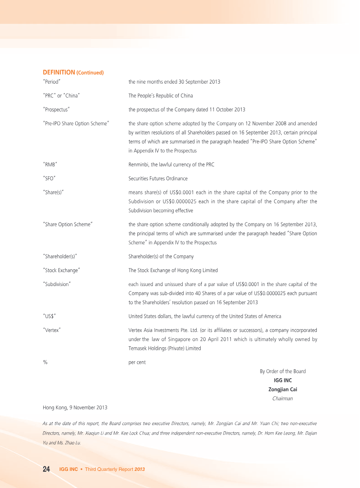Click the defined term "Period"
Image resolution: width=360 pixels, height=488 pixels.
52,82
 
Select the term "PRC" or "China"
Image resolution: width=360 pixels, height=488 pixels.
61,96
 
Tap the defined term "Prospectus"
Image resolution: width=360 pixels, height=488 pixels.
56,110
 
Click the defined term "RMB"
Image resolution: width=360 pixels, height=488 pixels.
49,165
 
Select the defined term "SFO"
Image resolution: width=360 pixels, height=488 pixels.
49,179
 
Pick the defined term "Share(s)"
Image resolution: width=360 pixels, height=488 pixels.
53,193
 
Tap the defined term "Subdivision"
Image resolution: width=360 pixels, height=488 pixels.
57,284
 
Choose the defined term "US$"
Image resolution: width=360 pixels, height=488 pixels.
49,316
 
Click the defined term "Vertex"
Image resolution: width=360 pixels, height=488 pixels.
52,330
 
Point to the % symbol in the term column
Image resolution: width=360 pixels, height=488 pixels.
45,363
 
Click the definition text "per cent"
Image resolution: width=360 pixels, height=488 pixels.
137,363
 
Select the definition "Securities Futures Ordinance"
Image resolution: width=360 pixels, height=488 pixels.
158,179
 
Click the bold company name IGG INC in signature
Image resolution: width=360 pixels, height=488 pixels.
283,381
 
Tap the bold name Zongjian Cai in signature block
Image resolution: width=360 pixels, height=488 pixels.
283,390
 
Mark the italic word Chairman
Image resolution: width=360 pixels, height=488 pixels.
283,398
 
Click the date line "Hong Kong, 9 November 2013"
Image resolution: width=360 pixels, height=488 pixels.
75,408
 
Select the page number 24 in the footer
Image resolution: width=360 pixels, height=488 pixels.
46,469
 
